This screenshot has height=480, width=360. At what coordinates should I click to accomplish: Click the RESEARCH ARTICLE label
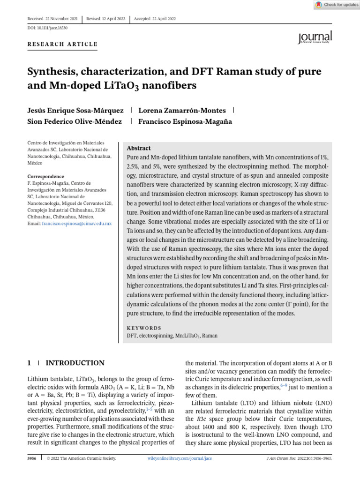[63, 45]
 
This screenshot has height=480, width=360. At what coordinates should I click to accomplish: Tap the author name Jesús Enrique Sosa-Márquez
[76, 111]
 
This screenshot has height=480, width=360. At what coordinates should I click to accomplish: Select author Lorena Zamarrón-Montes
[182, 111]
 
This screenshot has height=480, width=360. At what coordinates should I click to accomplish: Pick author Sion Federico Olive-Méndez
[75, 121]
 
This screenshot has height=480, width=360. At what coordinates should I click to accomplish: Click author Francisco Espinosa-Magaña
[185, 121]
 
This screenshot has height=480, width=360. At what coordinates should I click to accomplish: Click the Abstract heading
[139, 147]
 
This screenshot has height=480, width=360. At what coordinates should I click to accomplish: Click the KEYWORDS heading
[144, 328]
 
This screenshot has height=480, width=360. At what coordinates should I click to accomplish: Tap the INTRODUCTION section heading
[75, 363]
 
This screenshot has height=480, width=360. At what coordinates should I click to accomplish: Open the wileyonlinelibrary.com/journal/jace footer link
[180, 458]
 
